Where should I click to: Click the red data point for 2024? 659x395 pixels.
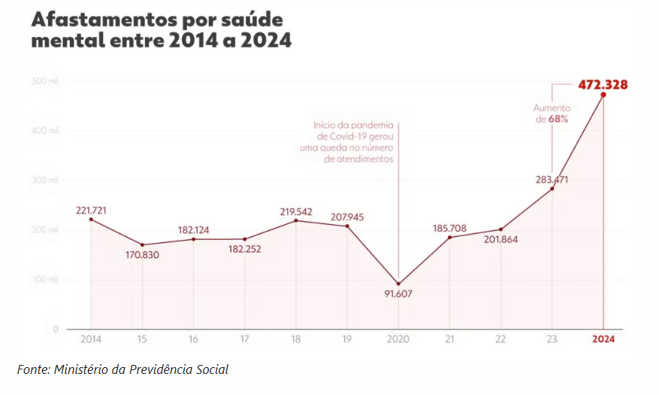[x=603, y=95]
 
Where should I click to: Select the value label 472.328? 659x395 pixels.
[x=603, y=84]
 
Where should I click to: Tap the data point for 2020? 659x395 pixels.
[x=398, y=284]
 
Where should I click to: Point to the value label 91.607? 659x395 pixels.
[x=398, y=295]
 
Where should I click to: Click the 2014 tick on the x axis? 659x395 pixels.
[x=91, y=339]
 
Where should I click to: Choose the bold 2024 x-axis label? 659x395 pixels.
[x=603, y=339]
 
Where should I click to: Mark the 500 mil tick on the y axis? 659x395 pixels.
[x=45, y=81]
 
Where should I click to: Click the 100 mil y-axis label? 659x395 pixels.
[x=45, y=279]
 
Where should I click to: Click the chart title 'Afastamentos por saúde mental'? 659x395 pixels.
[x=161, y=30]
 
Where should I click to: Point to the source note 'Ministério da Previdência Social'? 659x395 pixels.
[x=122, y=369]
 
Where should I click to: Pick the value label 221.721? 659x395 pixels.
[x=91, y=210]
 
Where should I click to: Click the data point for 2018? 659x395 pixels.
[x=296, y=220]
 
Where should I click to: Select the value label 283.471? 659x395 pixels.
[x=552, y=179]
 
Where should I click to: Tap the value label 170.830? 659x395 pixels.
[x=143, y=255]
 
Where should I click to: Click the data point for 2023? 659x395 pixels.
[x=552, y=188]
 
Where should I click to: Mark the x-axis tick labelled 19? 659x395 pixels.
[x=347, y=339]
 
